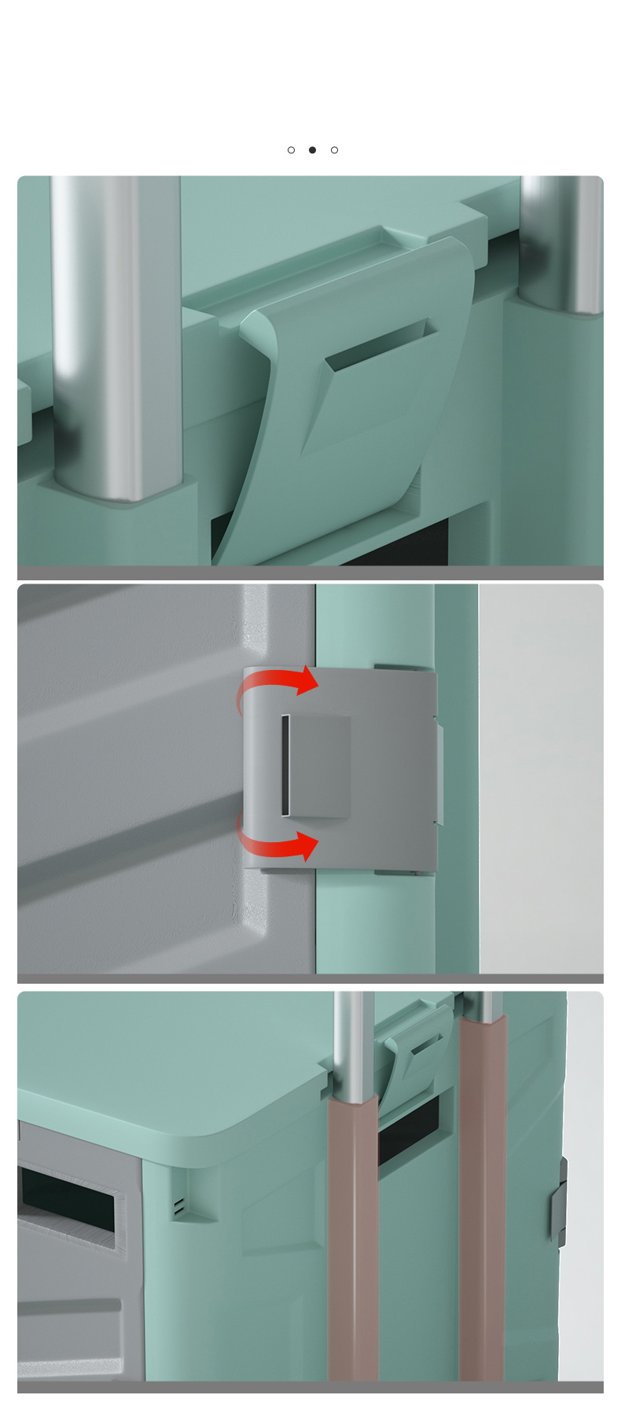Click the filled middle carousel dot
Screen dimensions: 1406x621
click(x=312, y=150)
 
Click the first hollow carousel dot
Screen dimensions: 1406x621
click(x=291, y=150)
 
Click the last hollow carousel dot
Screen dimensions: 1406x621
click(x=334, y=150)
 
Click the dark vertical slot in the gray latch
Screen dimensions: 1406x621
click(x=286, y=765)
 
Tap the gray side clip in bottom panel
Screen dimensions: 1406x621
click(x=560, y=1202)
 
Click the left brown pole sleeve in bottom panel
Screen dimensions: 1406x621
click(x=353, y=1235)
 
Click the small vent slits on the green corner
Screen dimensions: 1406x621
click(x=179, y=1207)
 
